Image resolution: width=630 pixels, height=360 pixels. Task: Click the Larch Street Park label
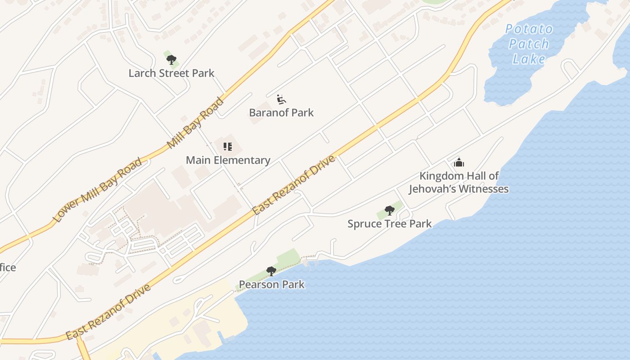pos(171,73)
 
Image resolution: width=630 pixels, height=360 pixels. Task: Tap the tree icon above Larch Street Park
pos(171,59)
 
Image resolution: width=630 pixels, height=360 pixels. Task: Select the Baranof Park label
pos(281,112)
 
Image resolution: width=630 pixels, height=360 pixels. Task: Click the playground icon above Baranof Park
pos(282,99)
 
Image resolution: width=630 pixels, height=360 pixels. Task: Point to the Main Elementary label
pos(228,160)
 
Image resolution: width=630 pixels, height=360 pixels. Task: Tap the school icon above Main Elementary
pos(228,147)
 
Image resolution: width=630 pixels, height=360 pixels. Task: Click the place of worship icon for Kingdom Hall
pos(459,162)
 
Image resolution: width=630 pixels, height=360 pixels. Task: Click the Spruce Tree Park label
pos(390,224)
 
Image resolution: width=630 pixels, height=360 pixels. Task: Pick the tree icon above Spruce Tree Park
pos(390,210)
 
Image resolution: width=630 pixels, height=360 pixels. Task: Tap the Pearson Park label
pos(271,284)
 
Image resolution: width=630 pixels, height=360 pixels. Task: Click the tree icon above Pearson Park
pos(271,271)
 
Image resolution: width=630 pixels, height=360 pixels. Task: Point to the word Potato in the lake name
pos(529,29)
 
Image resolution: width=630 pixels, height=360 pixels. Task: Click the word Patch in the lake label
pos(529,44)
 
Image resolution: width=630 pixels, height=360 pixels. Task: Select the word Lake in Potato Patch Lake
pos(529,59)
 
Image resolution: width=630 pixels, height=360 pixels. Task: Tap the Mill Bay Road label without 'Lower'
pos(195,122)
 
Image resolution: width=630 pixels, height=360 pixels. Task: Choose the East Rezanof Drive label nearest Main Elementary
pos(294,185)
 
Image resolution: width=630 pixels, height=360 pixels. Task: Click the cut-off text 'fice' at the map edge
pos(8,268)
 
